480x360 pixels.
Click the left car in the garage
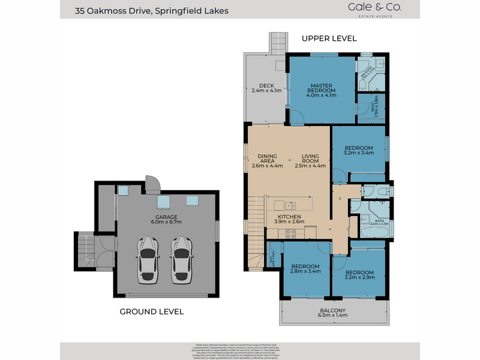pos(148,260)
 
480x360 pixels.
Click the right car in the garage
pos(182,260)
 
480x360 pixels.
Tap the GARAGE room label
pos(166,217)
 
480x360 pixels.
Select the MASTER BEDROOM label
pos(321,88)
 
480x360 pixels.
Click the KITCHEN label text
pos(289,216)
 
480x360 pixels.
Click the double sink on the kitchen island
pos(290,205)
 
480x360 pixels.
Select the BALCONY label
pos(332,310)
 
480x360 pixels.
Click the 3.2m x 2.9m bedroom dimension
pos(359,278)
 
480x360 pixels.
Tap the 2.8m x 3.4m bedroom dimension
pos(306,271)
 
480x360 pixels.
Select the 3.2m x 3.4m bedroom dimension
pos(359,153)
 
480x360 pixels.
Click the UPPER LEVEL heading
pos(329,38)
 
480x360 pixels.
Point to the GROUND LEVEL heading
pos(151,311)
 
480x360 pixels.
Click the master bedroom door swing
pos(295,118)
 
